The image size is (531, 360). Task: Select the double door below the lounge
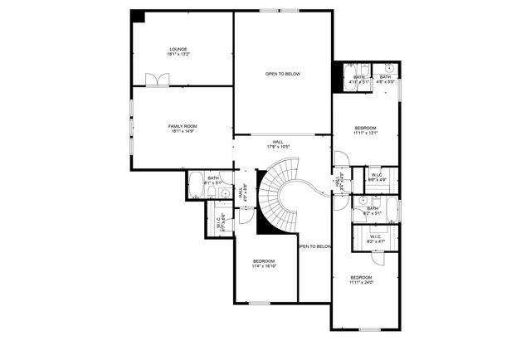[157, 80]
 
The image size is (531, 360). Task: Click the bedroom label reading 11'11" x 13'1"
[365, 130]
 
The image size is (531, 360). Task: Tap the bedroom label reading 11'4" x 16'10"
[265, 264]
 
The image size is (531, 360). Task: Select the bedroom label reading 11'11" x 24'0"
[361, 280]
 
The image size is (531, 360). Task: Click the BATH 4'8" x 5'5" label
[385, 80]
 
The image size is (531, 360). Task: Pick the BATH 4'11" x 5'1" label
[358, 80]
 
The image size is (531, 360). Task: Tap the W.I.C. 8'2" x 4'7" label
[375, 239]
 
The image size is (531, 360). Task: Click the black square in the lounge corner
[138, 17]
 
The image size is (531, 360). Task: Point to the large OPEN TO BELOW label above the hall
[282, 75]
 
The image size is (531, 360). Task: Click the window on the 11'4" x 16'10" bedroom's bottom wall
[259, 303]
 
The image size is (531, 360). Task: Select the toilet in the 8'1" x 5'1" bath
[212, 193]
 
